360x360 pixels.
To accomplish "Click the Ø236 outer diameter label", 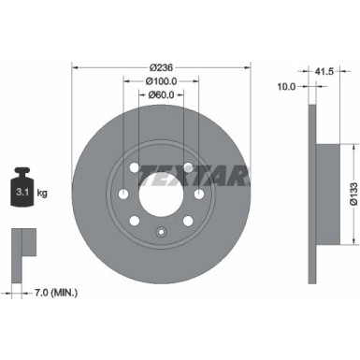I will [161, 68].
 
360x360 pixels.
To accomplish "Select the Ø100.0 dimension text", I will [161, 81].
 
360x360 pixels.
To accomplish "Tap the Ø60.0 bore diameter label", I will [161, 94].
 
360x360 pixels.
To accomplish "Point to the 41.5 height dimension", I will [325, 70].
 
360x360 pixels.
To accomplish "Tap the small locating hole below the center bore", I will [160, 228].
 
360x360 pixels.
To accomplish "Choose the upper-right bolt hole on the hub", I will [187, 168].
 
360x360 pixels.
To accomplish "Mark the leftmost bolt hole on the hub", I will [123, 194].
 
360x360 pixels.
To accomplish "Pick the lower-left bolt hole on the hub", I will [134, 222].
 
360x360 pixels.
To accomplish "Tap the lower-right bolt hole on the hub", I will [187, 222].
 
